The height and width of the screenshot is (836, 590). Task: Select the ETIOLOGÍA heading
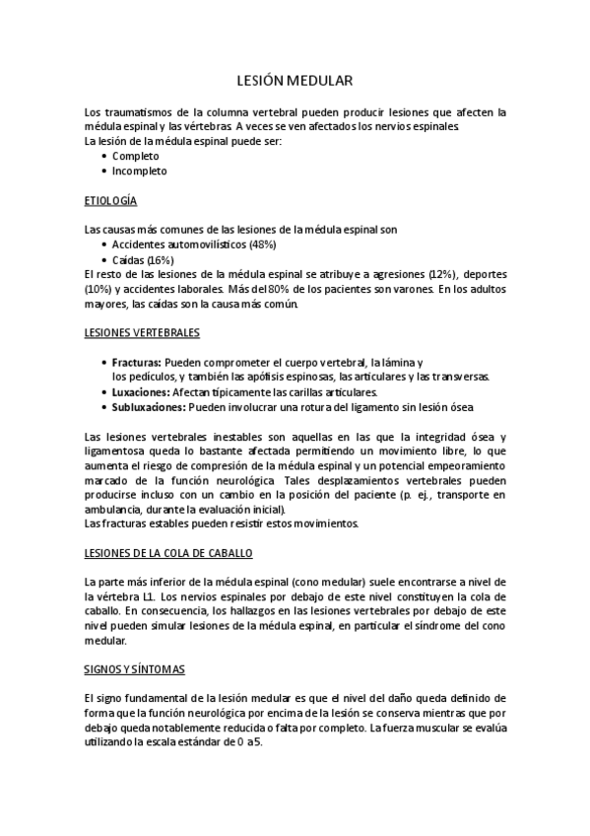[111, 200]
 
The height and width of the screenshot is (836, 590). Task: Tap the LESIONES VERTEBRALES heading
[143, 332]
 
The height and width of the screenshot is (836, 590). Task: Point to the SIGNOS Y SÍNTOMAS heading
[135, 670]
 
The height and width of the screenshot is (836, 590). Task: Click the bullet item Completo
[135, 156]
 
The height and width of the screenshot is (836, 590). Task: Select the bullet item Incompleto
[139, 171]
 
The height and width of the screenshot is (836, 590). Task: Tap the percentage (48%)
[262, 244]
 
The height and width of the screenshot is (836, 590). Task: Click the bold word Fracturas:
[137, 363]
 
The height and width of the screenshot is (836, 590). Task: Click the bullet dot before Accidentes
[105, 244]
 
